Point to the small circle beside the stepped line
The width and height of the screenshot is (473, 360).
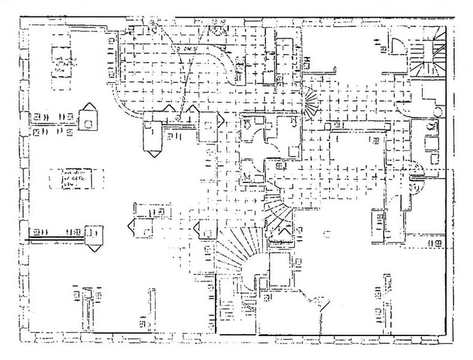coord(438,111)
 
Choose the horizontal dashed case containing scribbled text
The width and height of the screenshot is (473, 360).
coord(74,178)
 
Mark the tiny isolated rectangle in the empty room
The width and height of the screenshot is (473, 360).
coord(328,233)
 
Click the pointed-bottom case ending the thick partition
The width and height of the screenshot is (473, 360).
coord(94,239)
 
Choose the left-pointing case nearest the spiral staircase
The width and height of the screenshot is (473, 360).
coord(205,229)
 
